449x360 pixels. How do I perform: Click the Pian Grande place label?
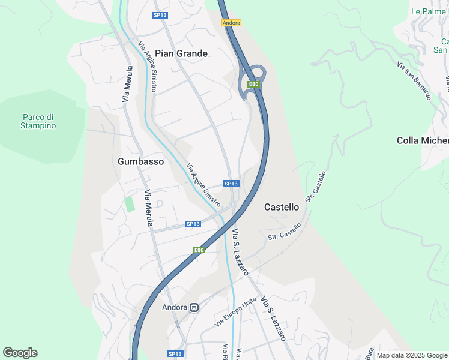tap(181, 53)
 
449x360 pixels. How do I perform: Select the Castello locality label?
tap(282, 207)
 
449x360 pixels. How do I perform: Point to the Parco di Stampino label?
tap(38, 121)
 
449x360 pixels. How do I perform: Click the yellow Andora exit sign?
tap(231, 23)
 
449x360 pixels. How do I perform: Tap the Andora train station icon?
tap(194, 308)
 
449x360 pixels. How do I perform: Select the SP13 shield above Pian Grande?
tap(160, 16)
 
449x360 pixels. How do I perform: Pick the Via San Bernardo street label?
tap(414, 80)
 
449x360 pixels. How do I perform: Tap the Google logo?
tap(20, 353)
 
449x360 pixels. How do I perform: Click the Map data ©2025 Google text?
tap(412, 355)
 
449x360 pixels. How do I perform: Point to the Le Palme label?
tap(428, 11)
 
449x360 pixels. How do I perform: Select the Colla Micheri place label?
tap(423, 140)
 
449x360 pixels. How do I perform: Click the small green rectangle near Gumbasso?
tap(130, 203)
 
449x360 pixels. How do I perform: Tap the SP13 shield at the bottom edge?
tap(175, 354)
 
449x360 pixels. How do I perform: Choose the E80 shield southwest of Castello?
tap(199, 250)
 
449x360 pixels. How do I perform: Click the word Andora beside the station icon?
tap(175, 308)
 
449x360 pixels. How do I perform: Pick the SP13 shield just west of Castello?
tap(231, 184)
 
